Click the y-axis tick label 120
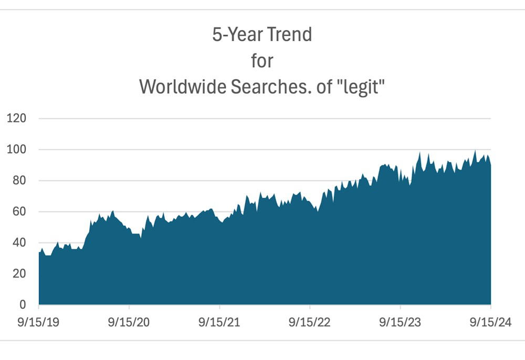point(16,119)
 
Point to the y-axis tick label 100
point(16,150)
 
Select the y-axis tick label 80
point(19,181)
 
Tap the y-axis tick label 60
point(19,212)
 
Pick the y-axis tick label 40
point(19,243)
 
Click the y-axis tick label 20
point(19,274)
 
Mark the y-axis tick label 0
point(22,305)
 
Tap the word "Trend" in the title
point(289,35)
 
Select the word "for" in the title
point(262,61)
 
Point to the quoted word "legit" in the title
point(363,87)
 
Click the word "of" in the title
point(326,87)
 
